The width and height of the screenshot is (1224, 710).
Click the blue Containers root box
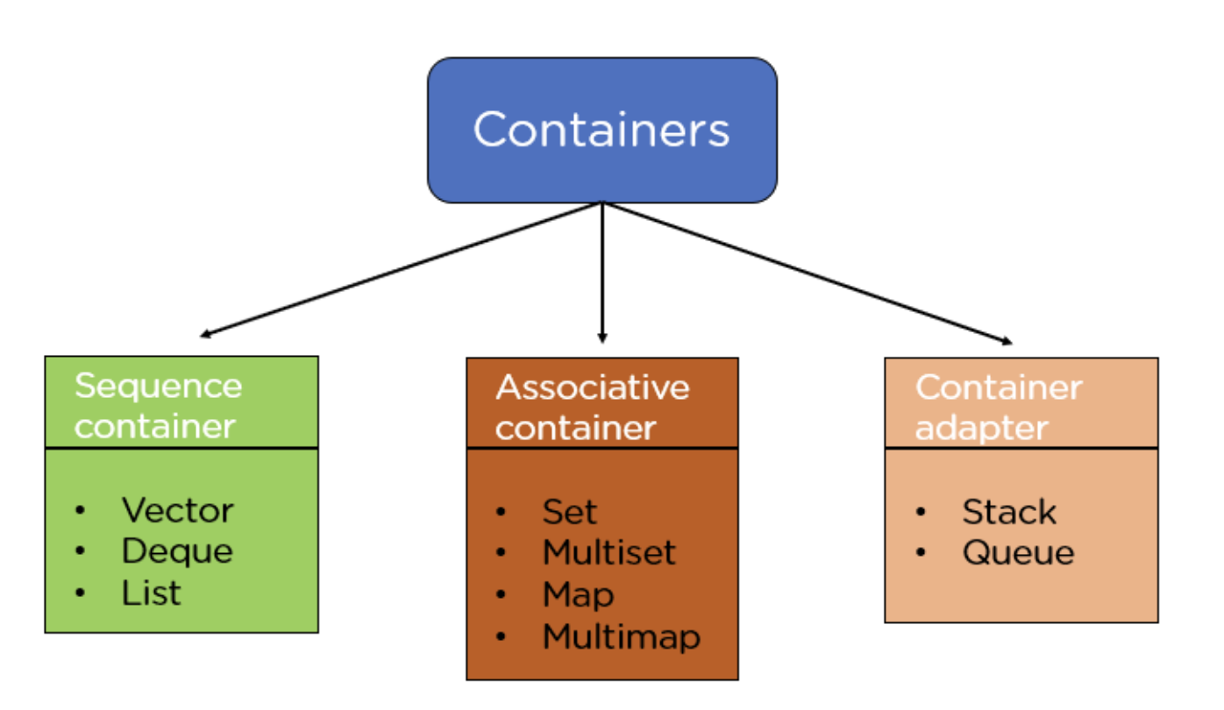(x=601, y=130)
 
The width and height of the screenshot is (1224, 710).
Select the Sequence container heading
(x=158, y=406)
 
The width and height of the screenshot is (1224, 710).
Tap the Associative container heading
(x=592, y=407)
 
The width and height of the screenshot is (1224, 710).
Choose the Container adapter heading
(x=998, y=407)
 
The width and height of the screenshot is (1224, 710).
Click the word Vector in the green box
(x=177, y=510)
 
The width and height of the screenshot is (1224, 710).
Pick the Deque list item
(x=177, y=551)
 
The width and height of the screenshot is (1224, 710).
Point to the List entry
(x=151, y=593)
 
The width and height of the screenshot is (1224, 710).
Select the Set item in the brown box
(x=569, y=512)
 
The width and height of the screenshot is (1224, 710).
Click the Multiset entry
(x=608, y=553)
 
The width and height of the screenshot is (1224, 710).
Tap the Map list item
(x=578, y=595)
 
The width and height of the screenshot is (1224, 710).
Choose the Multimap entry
(x=621, y=636)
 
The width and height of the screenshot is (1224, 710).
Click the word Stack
(x=1008, y=512)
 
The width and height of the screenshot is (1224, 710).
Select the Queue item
(x=1017, y=553)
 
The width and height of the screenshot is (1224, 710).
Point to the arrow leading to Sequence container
(x=399, y=270)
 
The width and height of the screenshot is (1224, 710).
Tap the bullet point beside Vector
(x=81, y=510)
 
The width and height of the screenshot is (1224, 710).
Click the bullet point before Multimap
(x=501, y=637)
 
